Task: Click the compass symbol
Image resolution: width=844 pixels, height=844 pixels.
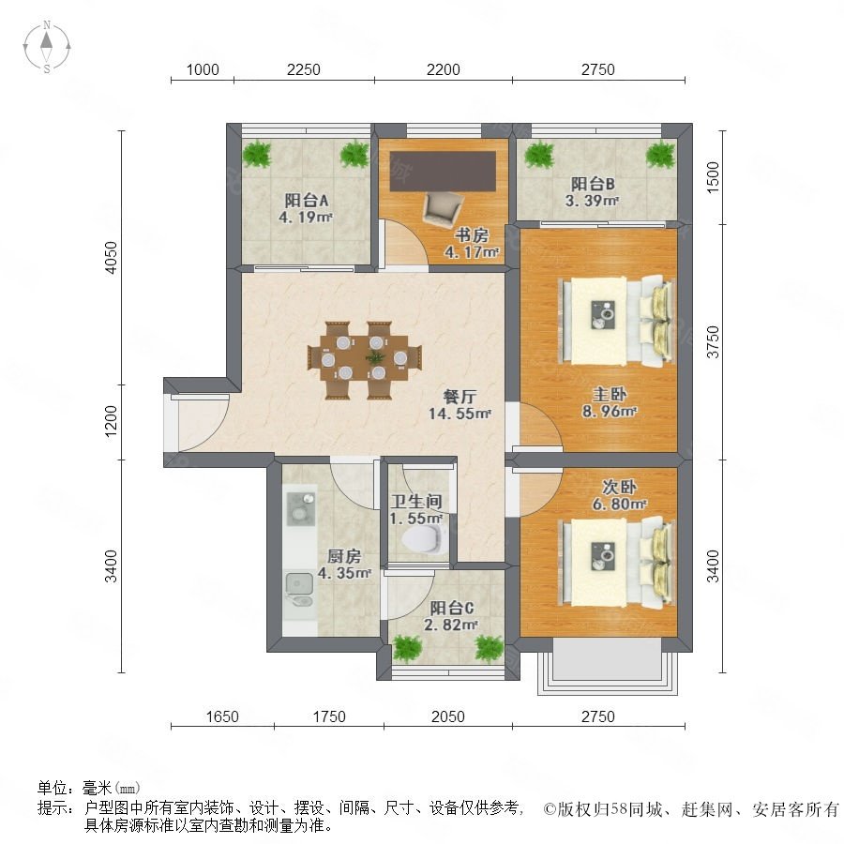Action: click(x=47, y=46)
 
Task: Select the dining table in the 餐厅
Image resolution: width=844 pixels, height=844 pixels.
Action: click(x=365, y=359)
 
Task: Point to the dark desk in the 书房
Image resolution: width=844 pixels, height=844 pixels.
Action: click(x=443, y=172)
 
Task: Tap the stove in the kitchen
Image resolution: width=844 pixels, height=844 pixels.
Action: click(x=300, y=508)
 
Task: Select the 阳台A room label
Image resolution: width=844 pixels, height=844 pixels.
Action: click(x=307, y=201)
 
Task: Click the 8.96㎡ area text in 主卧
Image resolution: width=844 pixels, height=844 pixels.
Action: click(x=610, y=412)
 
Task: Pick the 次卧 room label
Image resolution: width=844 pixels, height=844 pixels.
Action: click(x=619, y=487)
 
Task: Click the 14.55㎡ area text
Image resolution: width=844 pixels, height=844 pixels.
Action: click(x=460, y=414)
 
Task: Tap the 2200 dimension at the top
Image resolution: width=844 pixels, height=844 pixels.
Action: click(x=443, y=69)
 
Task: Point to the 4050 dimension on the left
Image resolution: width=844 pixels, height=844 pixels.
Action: click(x=111, y=258)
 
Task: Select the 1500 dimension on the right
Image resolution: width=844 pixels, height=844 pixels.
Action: click(x=713, y=177)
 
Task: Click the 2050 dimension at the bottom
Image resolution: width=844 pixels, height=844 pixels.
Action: click(x=448, y=717)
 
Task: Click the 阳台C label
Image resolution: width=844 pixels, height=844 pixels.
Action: click(x=452, y=609)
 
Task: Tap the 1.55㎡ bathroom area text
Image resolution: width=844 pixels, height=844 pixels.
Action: click(x=416, y=519)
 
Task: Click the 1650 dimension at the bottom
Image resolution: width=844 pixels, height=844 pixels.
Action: click(x=222, y=717)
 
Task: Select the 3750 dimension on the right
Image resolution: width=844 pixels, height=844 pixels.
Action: click(x=713, y=341)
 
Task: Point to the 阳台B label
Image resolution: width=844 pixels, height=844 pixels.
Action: click(x=593, y=184)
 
